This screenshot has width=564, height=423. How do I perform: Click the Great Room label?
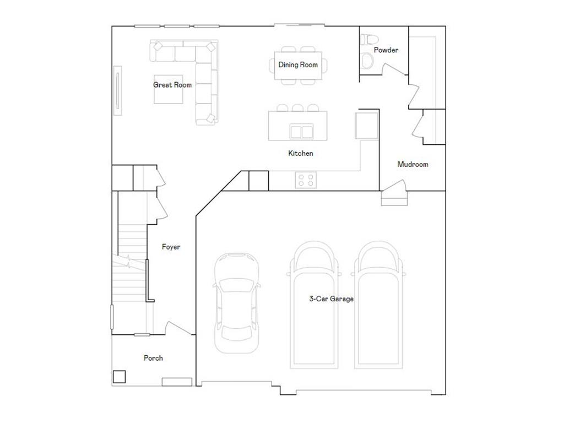pos(172,85)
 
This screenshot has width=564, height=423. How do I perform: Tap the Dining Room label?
pos(298,65)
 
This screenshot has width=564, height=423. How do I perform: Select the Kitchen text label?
pos(301,153)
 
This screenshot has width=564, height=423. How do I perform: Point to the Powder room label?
pos(386,50)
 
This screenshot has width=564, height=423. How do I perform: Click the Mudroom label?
pos(413,164)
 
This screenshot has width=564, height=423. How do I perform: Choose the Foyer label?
pos(171,247)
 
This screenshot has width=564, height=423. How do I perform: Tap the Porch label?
pos(153,358)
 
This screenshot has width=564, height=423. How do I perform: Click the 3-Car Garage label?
pos(331,299)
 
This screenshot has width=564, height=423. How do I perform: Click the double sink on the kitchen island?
pos(301,132)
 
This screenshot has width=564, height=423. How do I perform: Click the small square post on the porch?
pos(119,377)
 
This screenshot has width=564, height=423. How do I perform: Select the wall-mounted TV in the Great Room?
pos(117,91)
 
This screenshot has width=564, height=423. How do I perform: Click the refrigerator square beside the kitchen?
pos(366,126)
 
